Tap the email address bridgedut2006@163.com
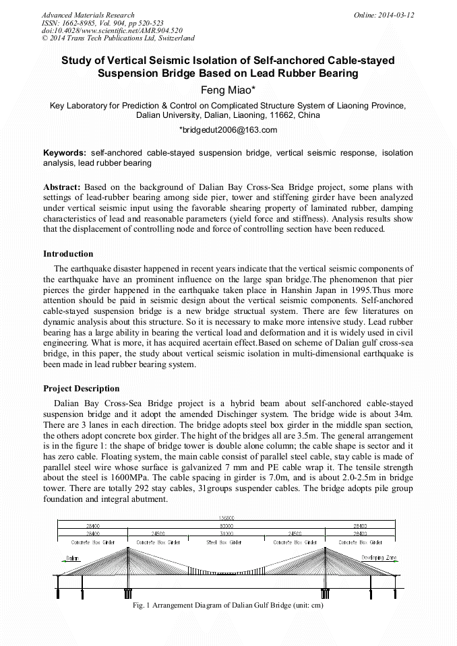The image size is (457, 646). coord(228,129)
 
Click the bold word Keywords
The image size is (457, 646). coord(65,153)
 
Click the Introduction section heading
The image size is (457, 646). coord(68,254)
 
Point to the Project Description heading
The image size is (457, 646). coord(82,389)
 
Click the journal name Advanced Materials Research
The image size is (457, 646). coord(88,15)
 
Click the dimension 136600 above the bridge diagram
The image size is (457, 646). coord(228,517)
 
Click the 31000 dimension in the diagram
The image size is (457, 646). coord(228,534)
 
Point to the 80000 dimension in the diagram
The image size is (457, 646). coord(228,525)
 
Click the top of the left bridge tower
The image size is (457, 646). coord(127,548)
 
